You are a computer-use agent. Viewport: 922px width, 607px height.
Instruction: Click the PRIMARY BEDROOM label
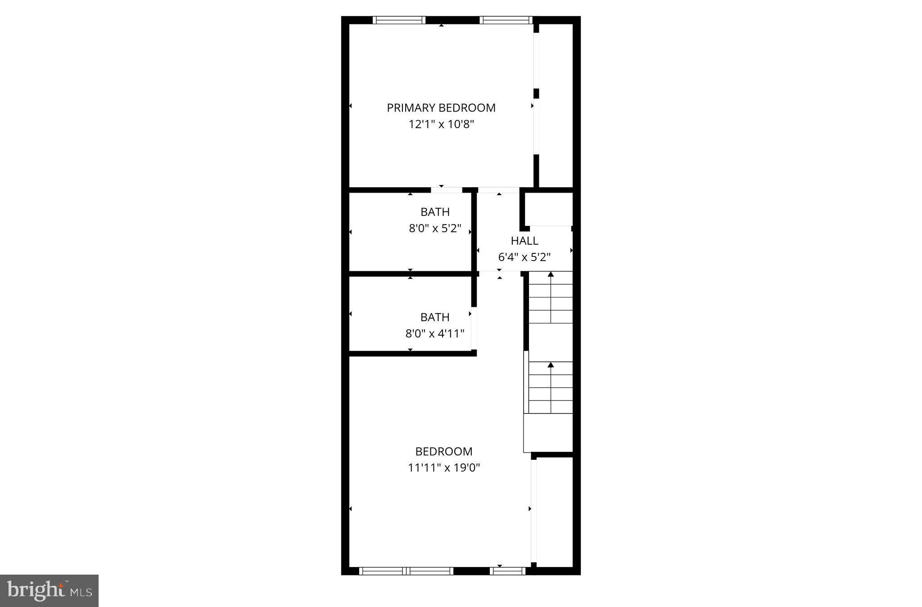[441, 108]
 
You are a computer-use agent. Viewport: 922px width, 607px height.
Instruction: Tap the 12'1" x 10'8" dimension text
[441, 124]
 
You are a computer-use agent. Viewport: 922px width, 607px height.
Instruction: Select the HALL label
[524, 241]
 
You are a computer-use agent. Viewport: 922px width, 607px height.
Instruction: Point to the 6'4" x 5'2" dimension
[524, 257]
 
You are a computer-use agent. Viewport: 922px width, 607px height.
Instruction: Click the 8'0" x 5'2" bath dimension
[435, 229]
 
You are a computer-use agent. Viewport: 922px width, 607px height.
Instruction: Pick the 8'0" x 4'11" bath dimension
[435, 334]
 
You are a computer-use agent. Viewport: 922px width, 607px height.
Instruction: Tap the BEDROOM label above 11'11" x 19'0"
[443, 451]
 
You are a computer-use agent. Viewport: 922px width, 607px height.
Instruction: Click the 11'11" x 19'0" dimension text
[444, 468]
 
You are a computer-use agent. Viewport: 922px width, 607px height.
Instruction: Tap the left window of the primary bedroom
[399, 20]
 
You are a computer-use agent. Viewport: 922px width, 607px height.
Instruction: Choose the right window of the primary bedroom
[506, 20]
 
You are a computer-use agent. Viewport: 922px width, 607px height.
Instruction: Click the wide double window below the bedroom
[406, 571]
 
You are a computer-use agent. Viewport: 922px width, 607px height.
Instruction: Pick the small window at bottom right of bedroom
[507, 571]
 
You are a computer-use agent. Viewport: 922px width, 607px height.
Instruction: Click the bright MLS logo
[49, 591]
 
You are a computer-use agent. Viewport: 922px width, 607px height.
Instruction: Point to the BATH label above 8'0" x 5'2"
[435, 212]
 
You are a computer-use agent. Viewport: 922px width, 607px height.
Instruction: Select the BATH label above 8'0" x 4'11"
[435, 317]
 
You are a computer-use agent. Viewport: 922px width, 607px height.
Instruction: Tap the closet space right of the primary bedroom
[556, 106]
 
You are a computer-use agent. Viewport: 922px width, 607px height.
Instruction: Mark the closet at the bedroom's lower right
[554, 512]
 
